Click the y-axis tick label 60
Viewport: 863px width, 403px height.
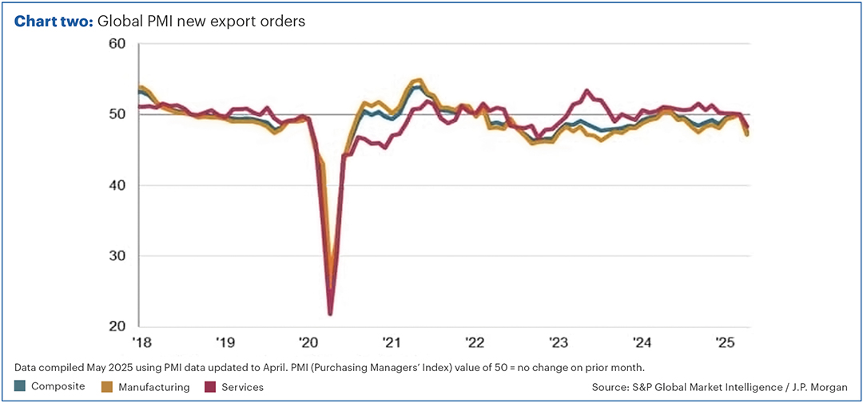[118, 43]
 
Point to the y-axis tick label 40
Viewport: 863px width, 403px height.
[118, 185]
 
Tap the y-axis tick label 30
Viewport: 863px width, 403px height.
[118, 256]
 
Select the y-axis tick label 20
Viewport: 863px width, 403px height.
[118, 326]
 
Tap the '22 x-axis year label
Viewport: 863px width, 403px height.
[475, 343]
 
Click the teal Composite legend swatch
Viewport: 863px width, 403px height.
[20, 386]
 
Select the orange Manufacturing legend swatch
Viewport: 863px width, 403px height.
[107, 386]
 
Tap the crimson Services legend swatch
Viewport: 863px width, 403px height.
[210, 386]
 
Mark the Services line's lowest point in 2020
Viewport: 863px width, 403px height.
[330, 314]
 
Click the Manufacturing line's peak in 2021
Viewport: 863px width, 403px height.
[417, 80]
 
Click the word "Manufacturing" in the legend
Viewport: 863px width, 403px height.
[153, 387]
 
